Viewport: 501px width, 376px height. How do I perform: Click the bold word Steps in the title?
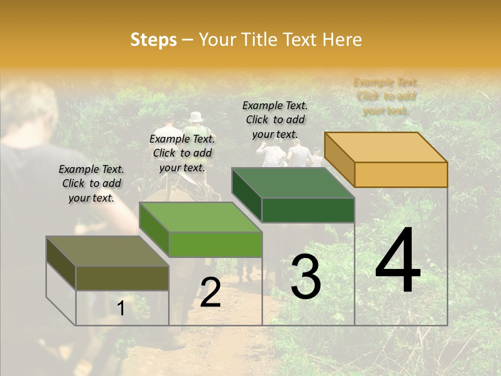[x=153, y=40]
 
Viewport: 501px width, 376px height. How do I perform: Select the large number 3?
[x=306, y=277]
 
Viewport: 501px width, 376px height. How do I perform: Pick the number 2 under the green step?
[x=210, y=292]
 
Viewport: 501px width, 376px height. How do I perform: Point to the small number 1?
[x=121, y=308]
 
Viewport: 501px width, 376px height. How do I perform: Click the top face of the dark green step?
[x=293, y=183]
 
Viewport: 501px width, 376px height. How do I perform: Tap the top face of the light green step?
[x=200, y=217]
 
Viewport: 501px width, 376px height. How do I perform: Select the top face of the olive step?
[x=108, y=251]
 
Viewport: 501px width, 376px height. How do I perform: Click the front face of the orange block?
[x=401, y=174]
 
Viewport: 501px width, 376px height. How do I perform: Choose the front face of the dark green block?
[x=308, y=210]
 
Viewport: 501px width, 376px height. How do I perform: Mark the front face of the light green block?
[x=215, y=244]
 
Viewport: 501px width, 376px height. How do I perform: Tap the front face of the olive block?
[x=122, y=278]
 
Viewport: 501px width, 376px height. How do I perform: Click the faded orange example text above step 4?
[x=385, y=97]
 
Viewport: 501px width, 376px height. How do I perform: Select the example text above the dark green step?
[x=275, y=120]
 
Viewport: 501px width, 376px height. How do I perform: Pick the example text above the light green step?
[x=182, y=153]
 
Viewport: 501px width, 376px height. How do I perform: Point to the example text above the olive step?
[x=91, y=183]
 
